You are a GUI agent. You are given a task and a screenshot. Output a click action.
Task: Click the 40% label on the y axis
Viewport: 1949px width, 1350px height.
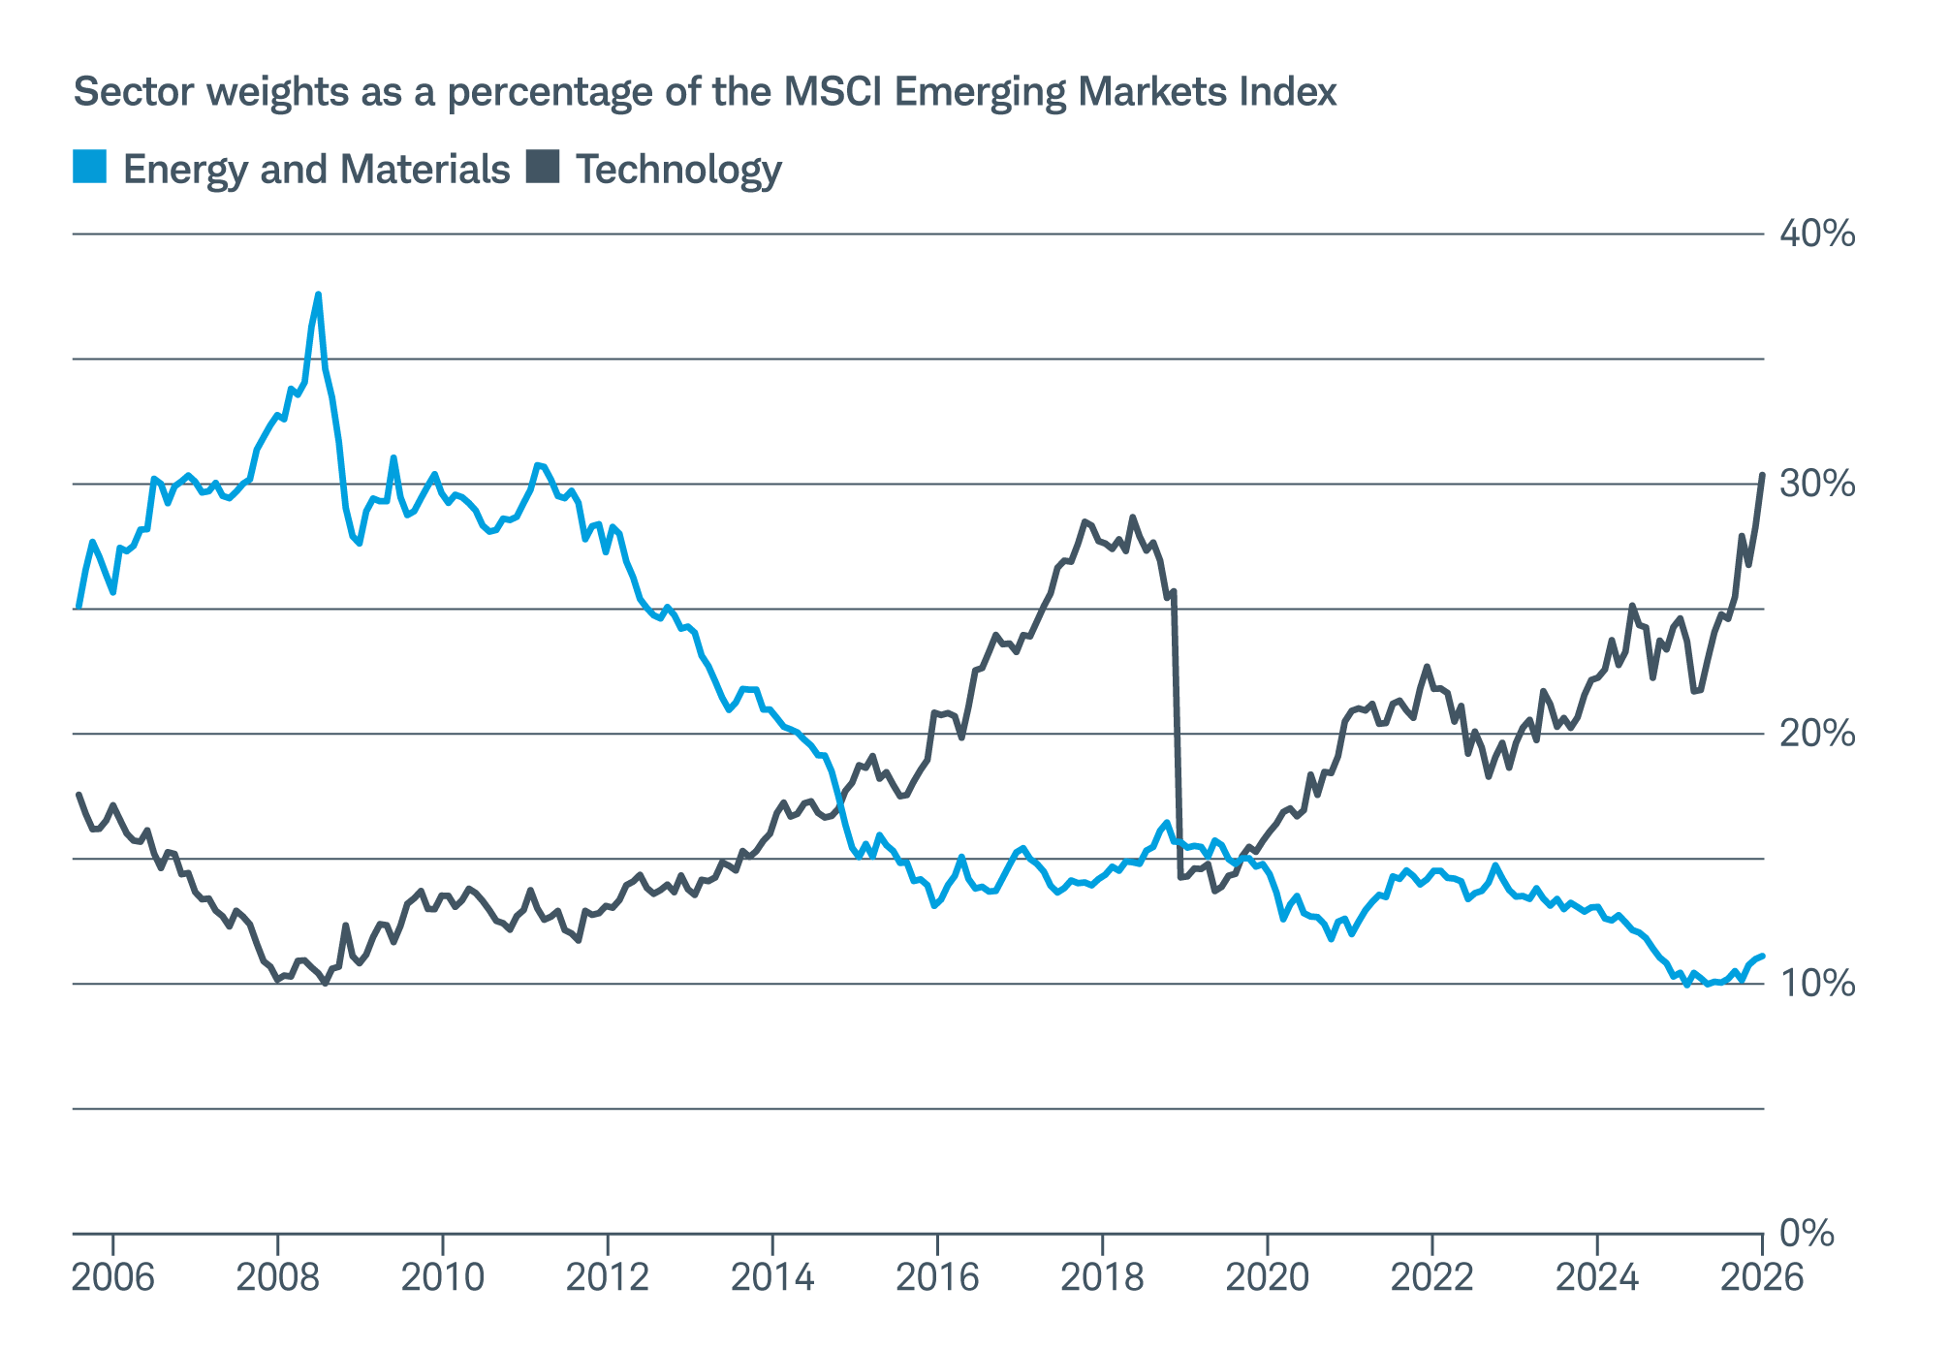click(x=1816, y=234)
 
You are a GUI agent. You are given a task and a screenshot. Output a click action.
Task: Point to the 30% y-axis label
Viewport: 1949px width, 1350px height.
click(x=1816, y=484)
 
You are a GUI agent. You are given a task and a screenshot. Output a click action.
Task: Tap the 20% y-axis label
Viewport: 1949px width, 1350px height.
click(x=1816, y=734)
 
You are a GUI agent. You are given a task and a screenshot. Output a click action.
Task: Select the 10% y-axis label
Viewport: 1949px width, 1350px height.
click(x=1816, y=984)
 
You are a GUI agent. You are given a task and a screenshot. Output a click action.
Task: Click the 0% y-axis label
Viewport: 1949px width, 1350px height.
click(x=1808, y=1234)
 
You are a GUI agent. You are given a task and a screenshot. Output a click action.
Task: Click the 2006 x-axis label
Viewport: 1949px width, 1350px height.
click(x=113, y=1277)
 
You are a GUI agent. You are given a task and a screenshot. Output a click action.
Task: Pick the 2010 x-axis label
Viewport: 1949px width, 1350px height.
click(x=443, y=1277)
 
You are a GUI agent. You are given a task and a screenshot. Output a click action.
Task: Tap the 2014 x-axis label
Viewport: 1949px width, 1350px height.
click(x=772, y=1277)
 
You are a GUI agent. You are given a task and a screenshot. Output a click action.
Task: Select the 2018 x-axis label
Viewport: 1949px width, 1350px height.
click(x=1102, y=1277)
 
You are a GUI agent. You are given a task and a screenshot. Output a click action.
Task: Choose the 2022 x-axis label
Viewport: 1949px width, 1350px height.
click(x=1431, y=1277)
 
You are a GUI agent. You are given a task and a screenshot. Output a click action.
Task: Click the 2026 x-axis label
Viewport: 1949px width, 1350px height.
click(x=1761, y=1277)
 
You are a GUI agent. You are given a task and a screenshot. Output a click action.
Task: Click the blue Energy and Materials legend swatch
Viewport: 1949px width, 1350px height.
click(x=90, y=167)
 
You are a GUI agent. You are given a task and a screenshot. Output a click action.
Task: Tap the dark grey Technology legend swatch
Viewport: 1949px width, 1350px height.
click(x=543, y=167)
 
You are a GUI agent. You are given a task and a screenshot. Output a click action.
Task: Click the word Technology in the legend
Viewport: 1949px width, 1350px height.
click(x=678, y=170)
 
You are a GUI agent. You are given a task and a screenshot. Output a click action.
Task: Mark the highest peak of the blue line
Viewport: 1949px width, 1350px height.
click(x=318, y=295)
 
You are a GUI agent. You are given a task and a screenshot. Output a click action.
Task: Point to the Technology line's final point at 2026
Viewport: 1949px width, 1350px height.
click(x=1762, y=475)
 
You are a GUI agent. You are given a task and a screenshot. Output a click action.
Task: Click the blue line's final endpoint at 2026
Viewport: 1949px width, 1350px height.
click(x=1762, y=956)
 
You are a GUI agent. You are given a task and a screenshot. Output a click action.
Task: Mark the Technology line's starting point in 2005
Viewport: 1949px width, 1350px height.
click(x=78, y=795)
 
